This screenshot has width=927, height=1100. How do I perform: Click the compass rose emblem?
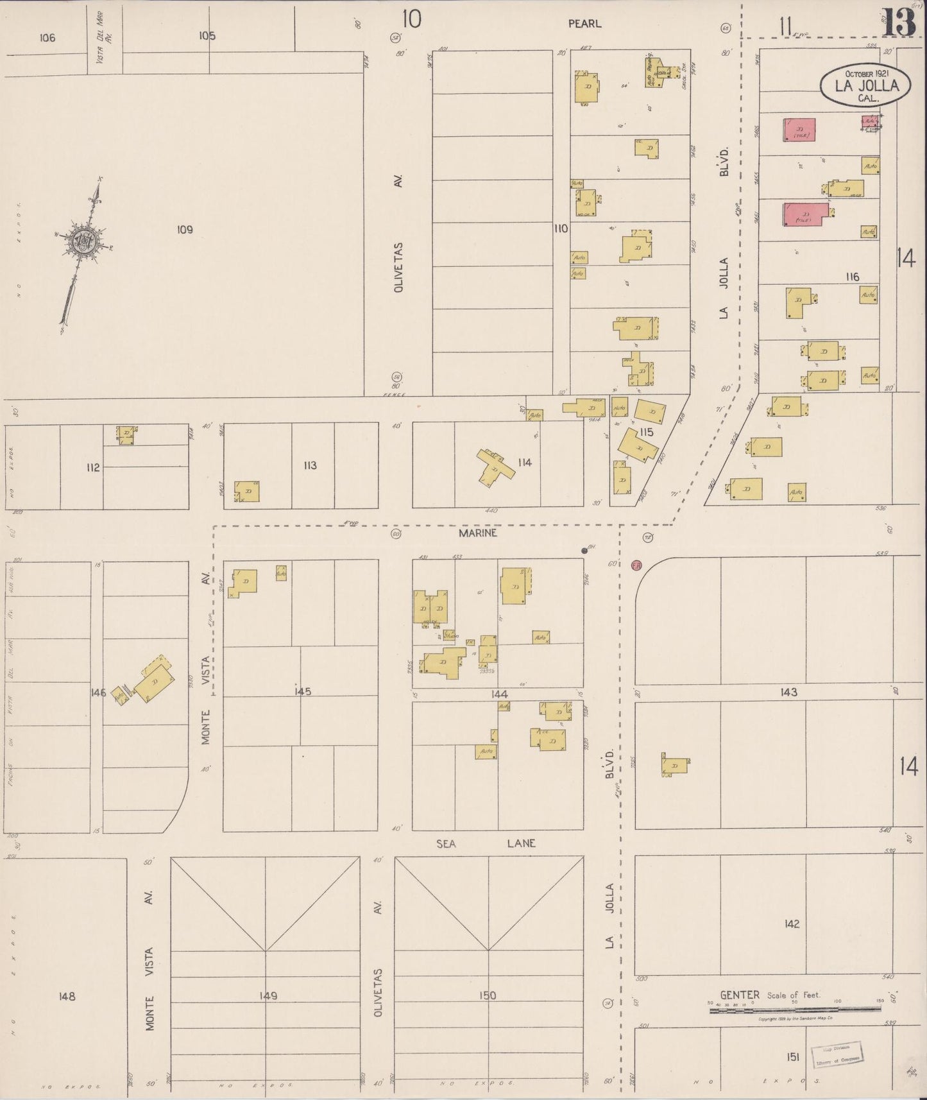85,242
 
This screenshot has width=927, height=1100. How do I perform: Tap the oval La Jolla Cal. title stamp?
866,86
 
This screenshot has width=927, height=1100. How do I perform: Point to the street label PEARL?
584,24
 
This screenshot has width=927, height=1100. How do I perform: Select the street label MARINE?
477,533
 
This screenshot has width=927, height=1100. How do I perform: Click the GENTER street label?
739,995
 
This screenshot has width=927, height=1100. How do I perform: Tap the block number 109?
185,229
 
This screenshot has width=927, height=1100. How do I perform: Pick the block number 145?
302,692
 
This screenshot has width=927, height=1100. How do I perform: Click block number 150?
488,995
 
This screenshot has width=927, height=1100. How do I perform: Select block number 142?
792,924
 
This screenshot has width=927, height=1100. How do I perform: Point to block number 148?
67,996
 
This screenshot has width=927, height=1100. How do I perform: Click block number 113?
310,465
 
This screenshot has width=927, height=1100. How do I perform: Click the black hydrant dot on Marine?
584,550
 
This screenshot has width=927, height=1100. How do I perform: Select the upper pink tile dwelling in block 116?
799,130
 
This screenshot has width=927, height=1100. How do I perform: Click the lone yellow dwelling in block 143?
676,765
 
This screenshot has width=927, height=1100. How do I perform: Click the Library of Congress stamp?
837,1054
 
